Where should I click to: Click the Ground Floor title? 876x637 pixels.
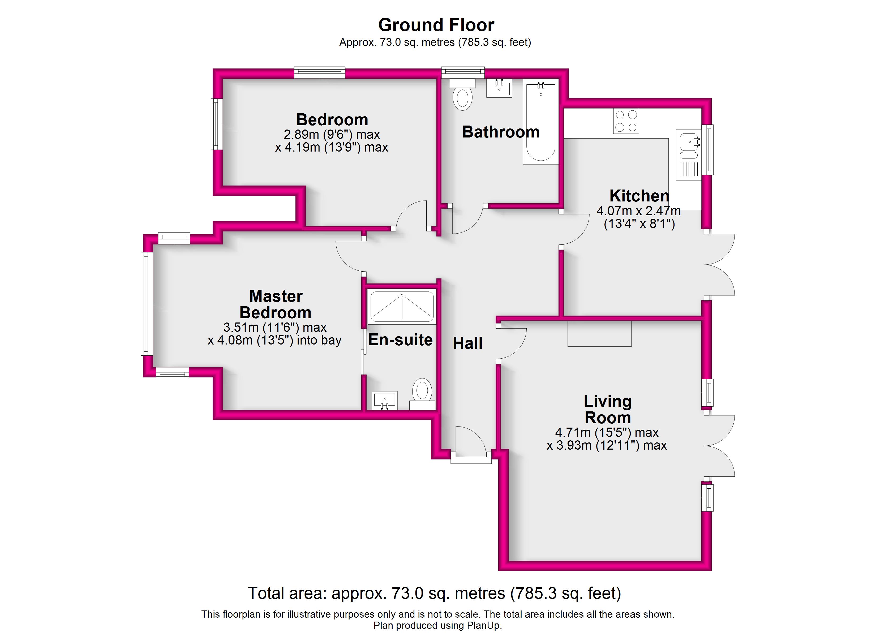click(x=436, y=25)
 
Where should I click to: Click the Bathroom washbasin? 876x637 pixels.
click(x=499, y=88)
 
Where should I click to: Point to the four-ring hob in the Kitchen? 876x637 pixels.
click(x=626, y=121)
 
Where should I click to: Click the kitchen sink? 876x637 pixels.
click(x=689, y=154)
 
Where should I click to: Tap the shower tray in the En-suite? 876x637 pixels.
click(x=402, y=307)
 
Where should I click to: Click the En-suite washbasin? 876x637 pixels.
click(x=384, y=401)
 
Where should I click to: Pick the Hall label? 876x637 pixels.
click(x=467, y=343)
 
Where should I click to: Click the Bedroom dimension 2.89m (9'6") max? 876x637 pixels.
click(x=332, y=134)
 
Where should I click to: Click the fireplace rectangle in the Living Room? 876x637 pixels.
click(x=599, y=333)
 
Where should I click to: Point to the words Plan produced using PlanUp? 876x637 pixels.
click(x=438, y=625)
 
